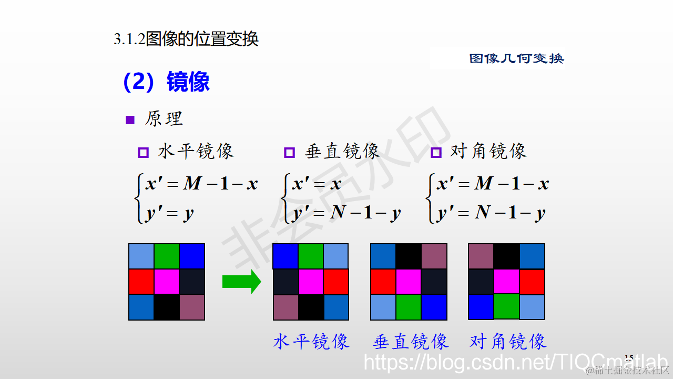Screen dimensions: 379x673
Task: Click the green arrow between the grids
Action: coord(241,281)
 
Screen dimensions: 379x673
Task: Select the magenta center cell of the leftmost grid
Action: coord(167,281)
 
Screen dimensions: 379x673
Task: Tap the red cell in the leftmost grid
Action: coord(141,281)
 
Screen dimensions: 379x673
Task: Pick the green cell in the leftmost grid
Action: coord(167,256)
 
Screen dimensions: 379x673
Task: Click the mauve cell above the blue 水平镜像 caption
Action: coord(285,307)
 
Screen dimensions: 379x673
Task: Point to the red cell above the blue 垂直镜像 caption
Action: coord(383,281)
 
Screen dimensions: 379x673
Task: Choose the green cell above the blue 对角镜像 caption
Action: coord(506,306)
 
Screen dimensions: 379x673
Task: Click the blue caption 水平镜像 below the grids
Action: coord(311,342)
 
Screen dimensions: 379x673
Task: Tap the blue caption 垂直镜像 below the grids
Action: coord(411,342)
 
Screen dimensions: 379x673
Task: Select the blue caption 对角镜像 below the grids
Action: coord(508,342)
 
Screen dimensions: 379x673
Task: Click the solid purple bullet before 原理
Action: coord(130,120)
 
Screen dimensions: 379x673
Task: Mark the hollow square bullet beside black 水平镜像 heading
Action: coord(143,153)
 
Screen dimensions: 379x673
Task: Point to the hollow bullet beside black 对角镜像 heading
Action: coord(436,153)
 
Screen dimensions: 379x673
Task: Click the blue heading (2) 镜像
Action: coord(166,82)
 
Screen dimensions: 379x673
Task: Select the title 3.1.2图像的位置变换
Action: coord(186,39)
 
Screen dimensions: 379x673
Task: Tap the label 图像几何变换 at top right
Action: coord(516,58)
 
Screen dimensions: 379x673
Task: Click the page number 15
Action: coord(629,358)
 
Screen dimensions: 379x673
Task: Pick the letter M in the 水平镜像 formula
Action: coord(192,184)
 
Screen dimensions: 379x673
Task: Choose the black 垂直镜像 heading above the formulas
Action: coord(342,152)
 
